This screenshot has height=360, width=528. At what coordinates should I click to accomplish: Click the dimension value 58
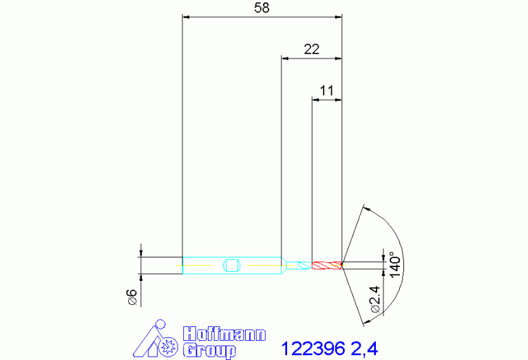click(x=262, y=8)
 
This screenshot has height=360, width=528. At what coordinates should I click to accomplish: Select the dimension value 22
click(x=311, y=50)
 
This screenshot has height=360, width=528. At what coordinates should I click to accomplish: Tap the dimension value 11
click(x=326, y=91)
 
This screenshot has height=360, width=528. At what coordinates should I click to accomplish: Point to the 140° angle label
click(x=395, y=265)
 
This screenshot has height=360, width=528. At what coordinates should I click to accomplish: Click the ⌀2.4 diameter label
click(x=375, y=299)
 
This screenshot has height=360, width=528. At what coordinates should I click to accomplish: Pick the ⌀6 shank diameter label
click(x=133, y=297)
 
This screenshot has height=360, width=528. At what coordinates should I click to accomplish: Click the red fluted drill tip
click(x=327, y=266)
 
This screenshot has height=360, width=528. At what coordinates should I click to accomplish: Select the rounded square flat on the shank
click(x=231, y=266)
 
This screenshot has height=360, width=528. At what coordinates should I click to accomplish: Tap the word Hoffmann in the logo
click(x=224, y=335)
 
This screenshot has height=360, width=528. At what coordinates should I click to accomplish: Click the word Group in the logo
click(x=209, y=350)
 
